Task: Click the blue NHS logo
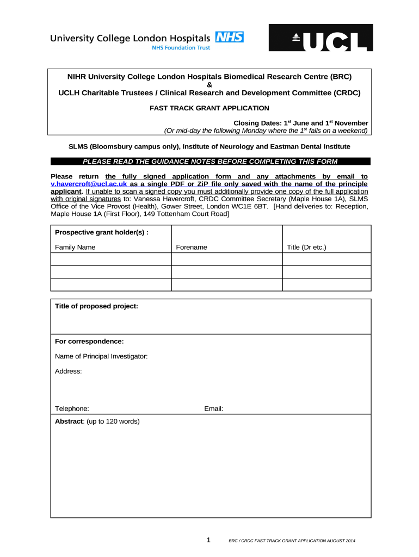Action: click(x=230, y=37)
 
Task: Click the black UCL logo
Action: click(x=321, y=38)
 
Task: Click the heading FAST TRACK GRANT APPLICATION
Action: click(x=209, y=108)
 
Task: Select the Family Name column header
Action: click(x=75, y=247)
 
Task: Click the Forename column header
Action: click(x=192, y=247)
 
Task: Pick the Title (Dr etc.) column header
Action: click(x=306, y=247)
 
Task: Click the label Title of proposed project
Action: click(x=96, y=306)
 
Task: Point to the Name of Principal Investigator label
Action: click(x=101, y=356)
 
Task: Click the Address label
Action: click(x=68, y=371)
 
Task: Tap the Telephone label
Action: click(x=72, y=409)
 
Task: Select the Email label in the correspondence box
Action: click(x=213, y=409)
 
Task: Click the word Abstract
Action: click(x=69, y=421)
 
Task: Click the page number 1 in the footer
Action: click(x=208, y=540)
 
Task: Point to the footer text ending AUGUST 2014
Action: click(x=292, y=541)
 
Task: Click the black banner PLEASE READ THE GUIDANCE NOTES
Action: click(x=209, y=161)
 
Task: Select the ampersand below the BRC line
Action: click(x=209, y=85)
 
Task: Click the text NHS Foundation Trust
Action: click(x=180, y=47)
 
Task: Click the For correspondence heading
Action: click(x=89, y=342)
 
